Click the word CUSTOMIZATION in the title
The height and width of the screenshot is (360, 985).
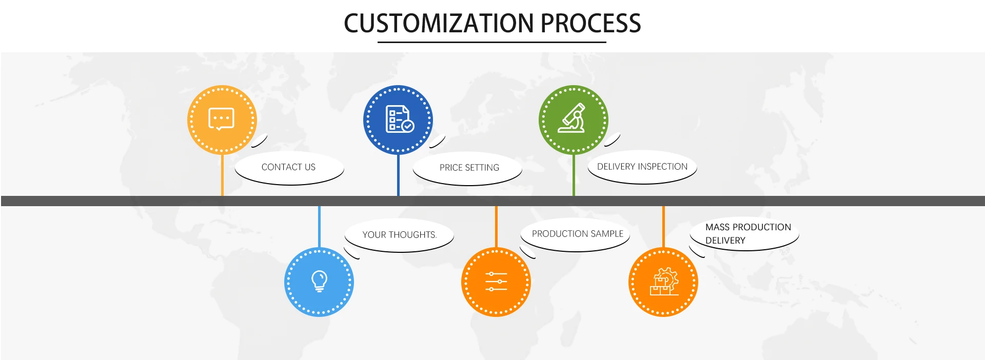click(439, 23)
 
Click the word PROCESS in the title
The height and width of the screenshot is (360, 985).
click(591, 23)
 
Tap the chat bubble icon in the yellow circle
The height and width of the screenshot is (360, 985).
click(221, 119)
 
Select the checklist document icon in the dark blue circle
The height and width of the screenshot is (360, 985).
click(400, 119)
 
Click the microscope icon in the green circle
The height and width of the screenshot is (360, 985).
click(573, 118)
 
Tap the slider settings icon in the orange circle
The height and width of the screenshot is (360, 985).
click(496, 282)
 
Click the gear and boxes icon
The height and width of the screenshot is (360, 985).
click(664, 282)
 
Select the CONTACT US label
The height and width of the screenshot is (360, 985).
click(288, 167)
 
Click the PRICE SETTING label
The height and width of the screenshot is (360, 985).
click(469, 168)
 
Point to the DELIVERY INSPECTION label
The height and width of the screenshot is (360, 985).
click(642, 167)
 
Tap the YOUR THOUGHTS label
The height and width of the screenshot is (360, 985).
click(400, 235)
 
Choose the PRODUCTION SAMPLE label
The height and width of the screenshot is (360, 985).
click(578, 234)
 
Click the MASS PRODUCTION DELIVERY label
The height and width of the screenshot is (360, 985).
click(748, 234)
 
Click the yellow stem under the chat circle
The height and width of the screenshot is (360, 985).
click(222, 175)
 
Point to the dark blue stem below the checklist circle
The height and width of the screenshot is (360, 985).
click(398, 175)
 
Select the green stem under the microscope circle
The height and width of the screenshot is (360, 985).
click(574, 175)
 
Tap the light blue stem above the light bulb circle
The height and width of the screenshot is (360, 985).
click(319, 227)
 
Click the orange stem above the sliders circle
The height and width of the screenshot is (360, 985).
click(496, 227)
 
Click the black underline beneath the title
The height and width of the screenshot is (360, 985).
click(492, 42)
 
